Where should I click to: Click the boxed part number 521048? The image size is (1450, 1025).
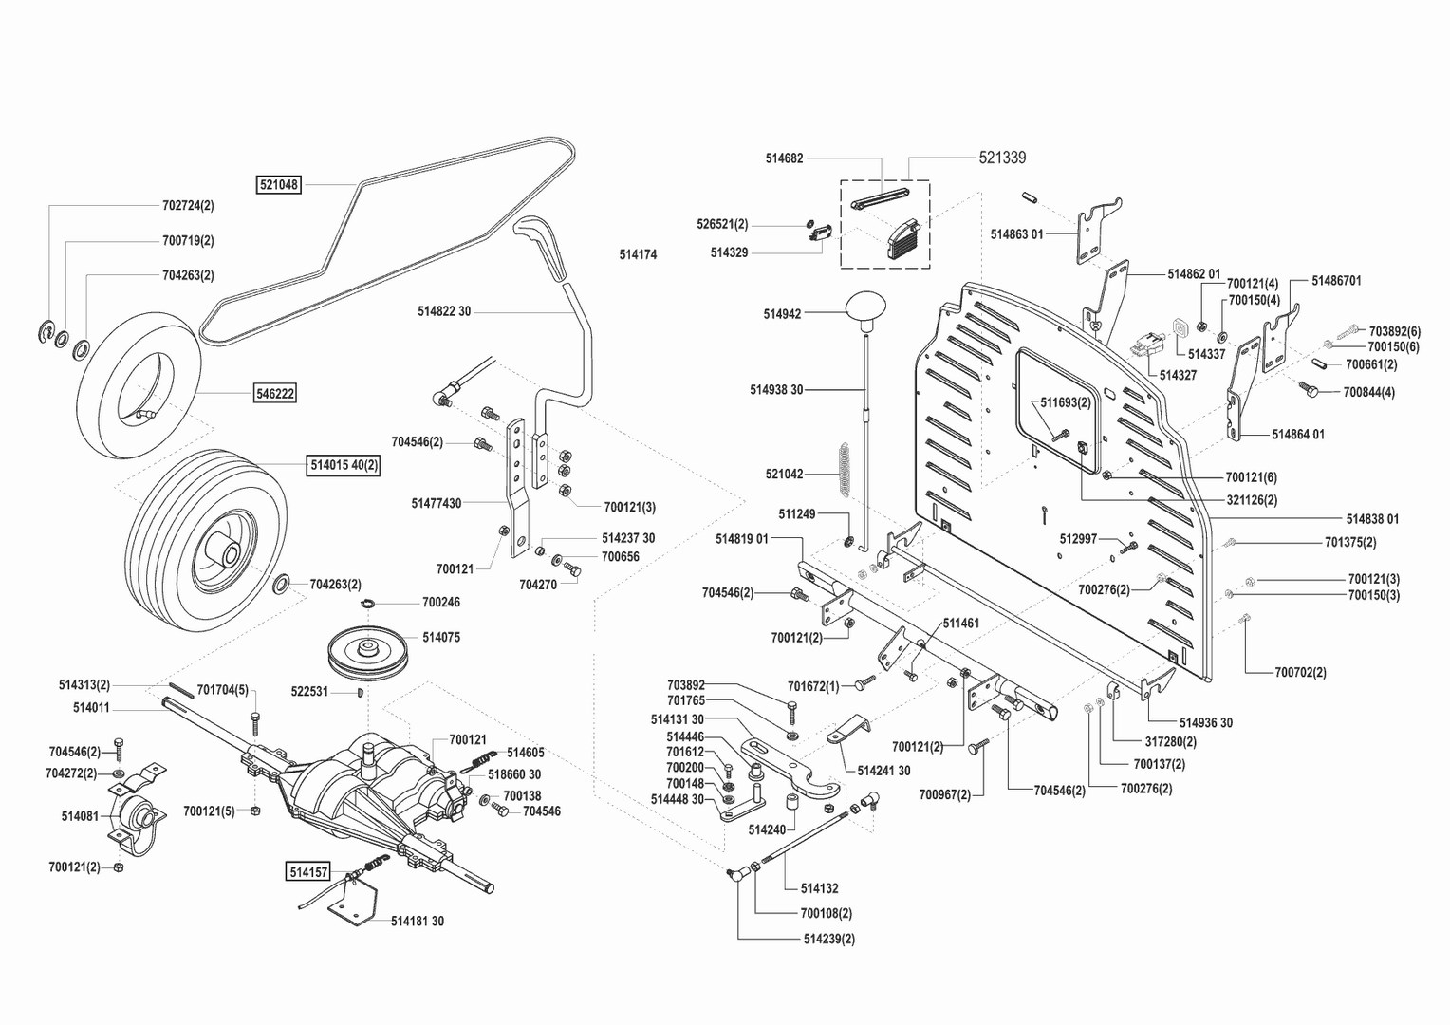coord(279,185)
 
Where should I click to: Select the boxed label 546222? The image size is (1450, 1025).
coord(275,393)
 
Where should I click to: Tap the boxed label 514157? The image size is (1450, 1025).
coord(308,871)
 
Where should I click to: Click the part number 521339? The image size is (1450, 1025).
coord(1002,158)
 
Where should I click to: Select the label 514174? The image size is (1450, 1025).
coord(638,255)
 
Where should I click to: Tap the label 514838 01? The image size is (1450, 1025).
coord(1371,519)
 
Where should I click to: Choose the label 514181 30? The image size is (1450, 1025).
coord(418,921)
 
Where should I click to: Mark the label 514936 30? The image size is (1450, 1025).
coord(1205,723)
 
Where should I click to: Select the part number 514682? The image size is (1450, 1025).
coord(784,158)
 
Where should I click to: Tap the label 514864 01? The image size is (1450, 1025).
coord(1298,435)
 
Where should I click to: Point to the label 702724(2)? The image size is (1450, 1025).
coord(188,205)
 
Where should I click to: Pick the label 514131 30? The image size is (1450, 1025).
coord(678,719)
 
